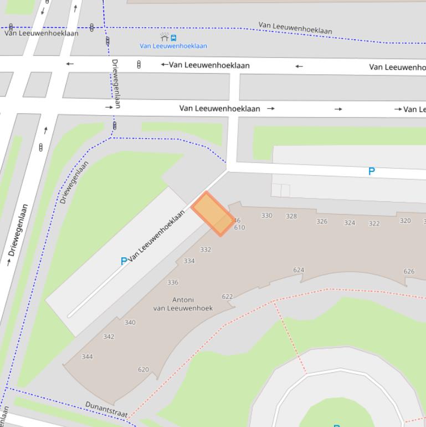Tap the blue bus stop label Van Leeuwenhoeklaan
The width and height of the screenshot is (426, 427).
tap(173, 46)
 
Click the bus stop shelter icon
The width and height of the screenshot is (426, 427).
tap(165, 37)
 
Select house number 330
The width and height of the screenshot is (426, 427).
tap(267, 216)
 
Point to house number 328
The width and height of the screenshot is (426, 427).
tap(291, 216)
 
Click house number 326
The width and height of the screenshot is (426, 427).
tap(322, 221)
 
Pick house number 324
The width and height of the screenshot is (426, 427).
tap(350, 223)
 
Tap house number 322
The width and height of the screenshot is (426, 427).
tap(374, 223)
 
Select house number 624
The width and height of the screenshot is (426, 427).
tap(299, 271)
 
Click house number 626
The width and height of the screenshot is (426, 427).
tap(409, 272)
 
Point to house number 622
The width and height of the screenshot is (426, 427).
tap(227, 297)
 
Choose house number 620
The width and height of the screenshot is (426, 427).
tap(143, 370)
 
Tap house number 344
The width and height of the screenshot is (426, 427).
tap(88, 357)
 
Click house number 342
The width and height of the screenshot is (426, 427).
tap(109, 337)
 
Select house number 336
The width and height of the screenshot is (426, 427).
tap(173, 282)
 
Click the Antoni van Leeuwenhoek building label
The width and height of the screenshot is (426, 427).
tap(183, 304)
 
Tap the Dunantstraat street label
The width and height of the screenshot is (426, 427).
tap(106, 410)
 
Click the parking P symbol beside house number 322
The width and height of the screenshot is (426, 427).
tap(372, 172)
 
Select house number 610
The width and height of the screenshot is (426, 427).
tap(239, 228)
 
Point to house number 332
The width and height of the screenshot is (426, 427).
tap(206, 250)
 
